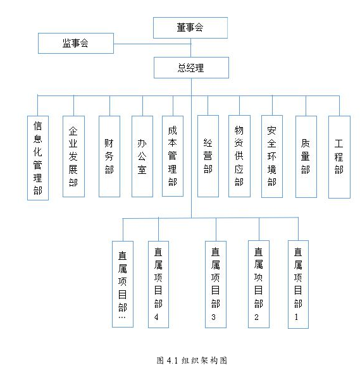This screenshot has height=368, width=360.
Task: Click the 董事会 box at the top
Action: click(x=190, y=28)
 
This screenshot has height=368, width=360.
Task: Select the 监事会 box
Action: click(x=76, y=43)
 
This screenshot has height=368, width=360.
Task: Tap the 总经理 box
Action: click(x=192, y=68)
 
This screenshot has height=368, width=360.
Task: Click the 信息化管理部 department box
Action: click(x=38, y=158)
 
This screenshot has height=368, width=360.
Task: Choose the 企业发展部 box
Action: click(x=73, y=156)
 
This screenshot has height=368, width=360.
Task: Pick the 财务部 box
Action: click(x=109, y=156)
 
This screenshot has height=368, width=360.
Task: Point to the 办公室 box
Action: click(x=142, y=156)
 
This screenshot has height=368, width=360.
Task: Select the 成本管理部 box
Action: click(x=173, y=156)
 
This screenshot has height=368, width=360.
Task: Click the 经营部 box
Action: click(x=208, y=156)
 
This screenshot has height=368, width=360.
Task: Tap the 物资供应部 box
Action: click(x=239, y=156)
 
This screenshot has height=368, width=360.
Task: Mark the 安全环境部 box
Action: click(x=272, y=156)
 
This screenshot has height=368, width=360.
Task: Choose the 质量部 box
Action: click(x=306, y=157)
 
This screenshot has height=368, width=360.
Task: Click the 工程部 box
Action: click(x=339, y=157)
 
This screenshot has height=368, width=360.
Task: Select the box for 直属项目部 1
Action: click(x=298, y=285)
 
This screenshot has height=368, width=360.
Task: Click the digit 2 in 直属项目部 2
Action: click(x=256, y=317)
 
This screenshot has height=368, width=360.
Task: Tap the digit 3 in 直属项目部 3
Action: click(x=213, y=317)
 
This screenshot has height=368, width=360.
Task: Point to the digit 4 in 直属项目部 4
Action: click(x=156, y=317)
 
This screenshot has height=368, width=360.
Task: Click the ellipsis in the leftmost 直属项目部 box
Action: click(x=122, y=317)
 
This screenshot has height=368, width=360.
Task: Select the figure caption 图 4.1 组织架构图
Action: click(x=192, y=360)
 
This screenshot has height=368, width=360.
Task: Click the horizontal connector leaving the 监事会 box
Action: click(x=152, y=44)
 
